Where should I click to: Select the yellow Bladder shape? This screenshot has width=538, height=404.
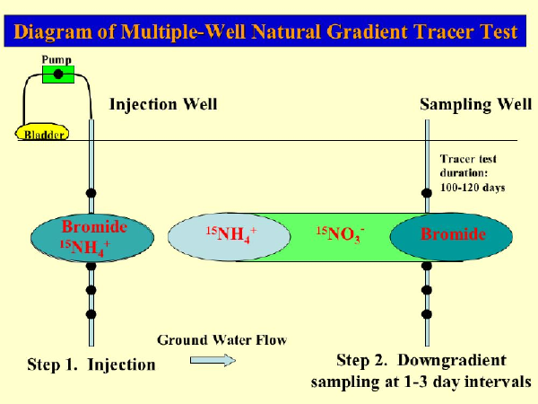coord(44,132)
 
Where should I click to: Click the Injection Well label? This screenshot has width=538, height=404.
coord(163,104)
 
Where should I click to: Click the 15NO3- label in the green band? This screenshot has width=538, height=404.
coord(338,235)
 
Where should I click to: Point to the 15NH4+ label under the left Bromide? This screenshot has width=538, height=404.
coord(86,245)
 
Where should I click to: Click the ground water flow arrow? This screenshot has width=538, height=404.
coord(212,359)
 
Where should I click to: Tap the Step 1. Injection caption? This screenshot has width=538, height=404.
coord(90,364)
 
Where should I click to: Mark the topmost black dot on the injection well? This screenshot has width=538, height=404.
coord(91,193)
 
